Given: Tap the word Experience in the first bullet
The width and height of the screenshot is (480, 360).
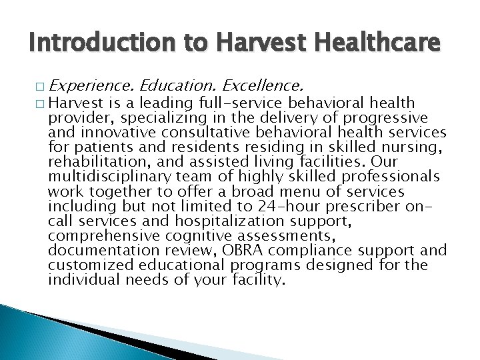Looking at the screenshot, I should (x=91, y=86).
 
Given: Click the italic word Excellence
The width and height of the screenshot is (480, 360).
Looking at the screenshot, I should (x=265, y=86).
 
